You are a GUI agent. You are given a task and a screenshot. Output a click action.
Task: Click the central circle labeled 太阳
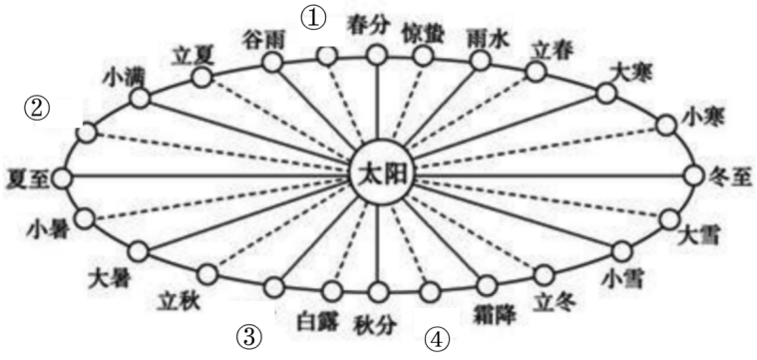pyautogui.click(x=378, y=177)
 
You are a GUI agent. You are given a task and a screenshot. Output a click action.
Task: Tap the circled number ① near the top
pyautogui.click(x=315, y=17)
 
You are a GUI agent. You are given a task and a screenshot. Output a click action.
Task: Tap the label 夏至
pyautogui.click(x=24, y=178)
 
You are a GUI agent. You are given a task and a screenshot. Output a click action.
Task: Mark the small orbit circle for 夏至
pyautogui.click(x=64, y=178)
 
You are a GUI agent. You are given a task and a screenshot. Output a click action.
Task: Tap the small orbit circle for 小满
pyautogui.click(x=139, y=98)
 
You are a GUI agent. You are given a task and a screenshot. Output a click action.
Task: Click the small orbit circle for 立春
pyautogui.click(x=536, y=72)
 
